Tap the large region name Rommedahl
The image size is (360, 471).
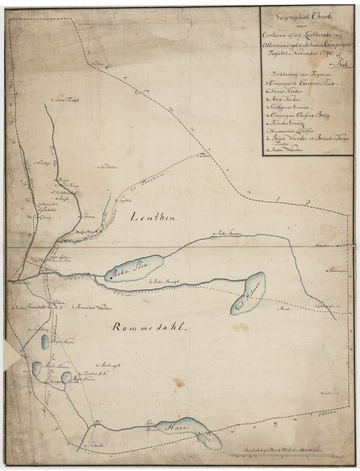point(148,326)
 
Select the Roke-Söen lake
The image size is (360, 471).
point(133,268)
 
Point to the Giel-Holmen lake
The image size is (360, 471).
point(249,294)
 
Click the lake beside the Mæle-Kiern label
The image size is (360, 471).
point(36,368)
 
